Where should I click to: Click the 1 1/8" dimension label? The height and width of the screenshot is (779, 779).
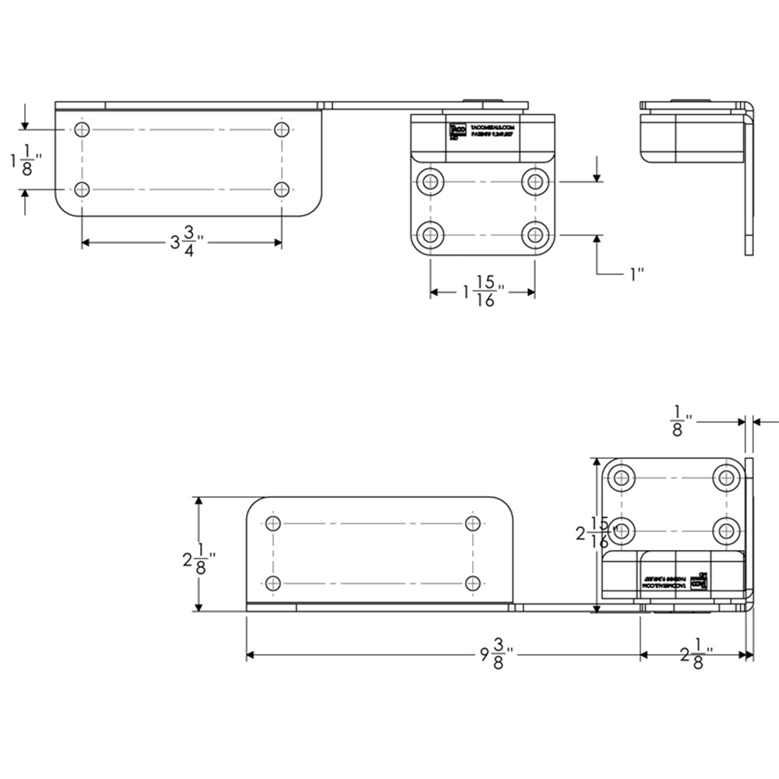25,160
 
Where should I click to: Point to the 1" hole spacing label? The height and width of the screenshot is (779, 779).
636,273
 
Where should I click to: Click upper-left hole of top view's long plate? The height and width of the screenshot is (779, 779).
83,129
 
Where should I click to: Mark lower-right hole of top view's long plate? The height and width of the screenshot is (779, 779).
282,189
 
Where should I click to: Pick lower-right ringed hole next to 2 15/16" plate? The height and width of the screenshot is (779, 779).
726,530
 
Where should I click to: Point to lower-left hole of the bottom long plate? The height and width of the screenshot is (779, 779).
273,583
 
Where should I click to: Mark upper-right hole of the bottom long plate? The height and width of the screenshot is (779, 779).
472,523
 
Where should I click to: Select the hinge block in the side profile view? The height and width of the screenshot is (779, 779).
686,132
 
